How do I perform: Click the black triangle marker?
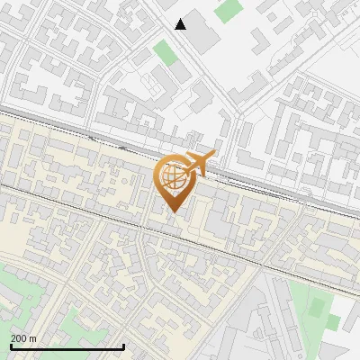coord(181,24)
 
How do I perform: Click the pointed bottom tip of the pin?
coord(172,212)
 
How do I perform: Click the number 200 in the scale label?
coord(21,338)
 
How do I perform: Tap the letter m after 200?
coord(34,338)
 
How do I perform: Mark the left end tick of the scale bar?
coord(10,346)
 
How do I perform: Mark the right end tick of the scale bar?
coord(123,346)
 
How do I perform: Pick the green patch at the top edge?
coord(229,10)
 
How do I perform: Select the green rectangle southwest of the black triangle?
coord(165,51)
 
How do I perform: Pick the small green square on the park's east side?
coord(334,321)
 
